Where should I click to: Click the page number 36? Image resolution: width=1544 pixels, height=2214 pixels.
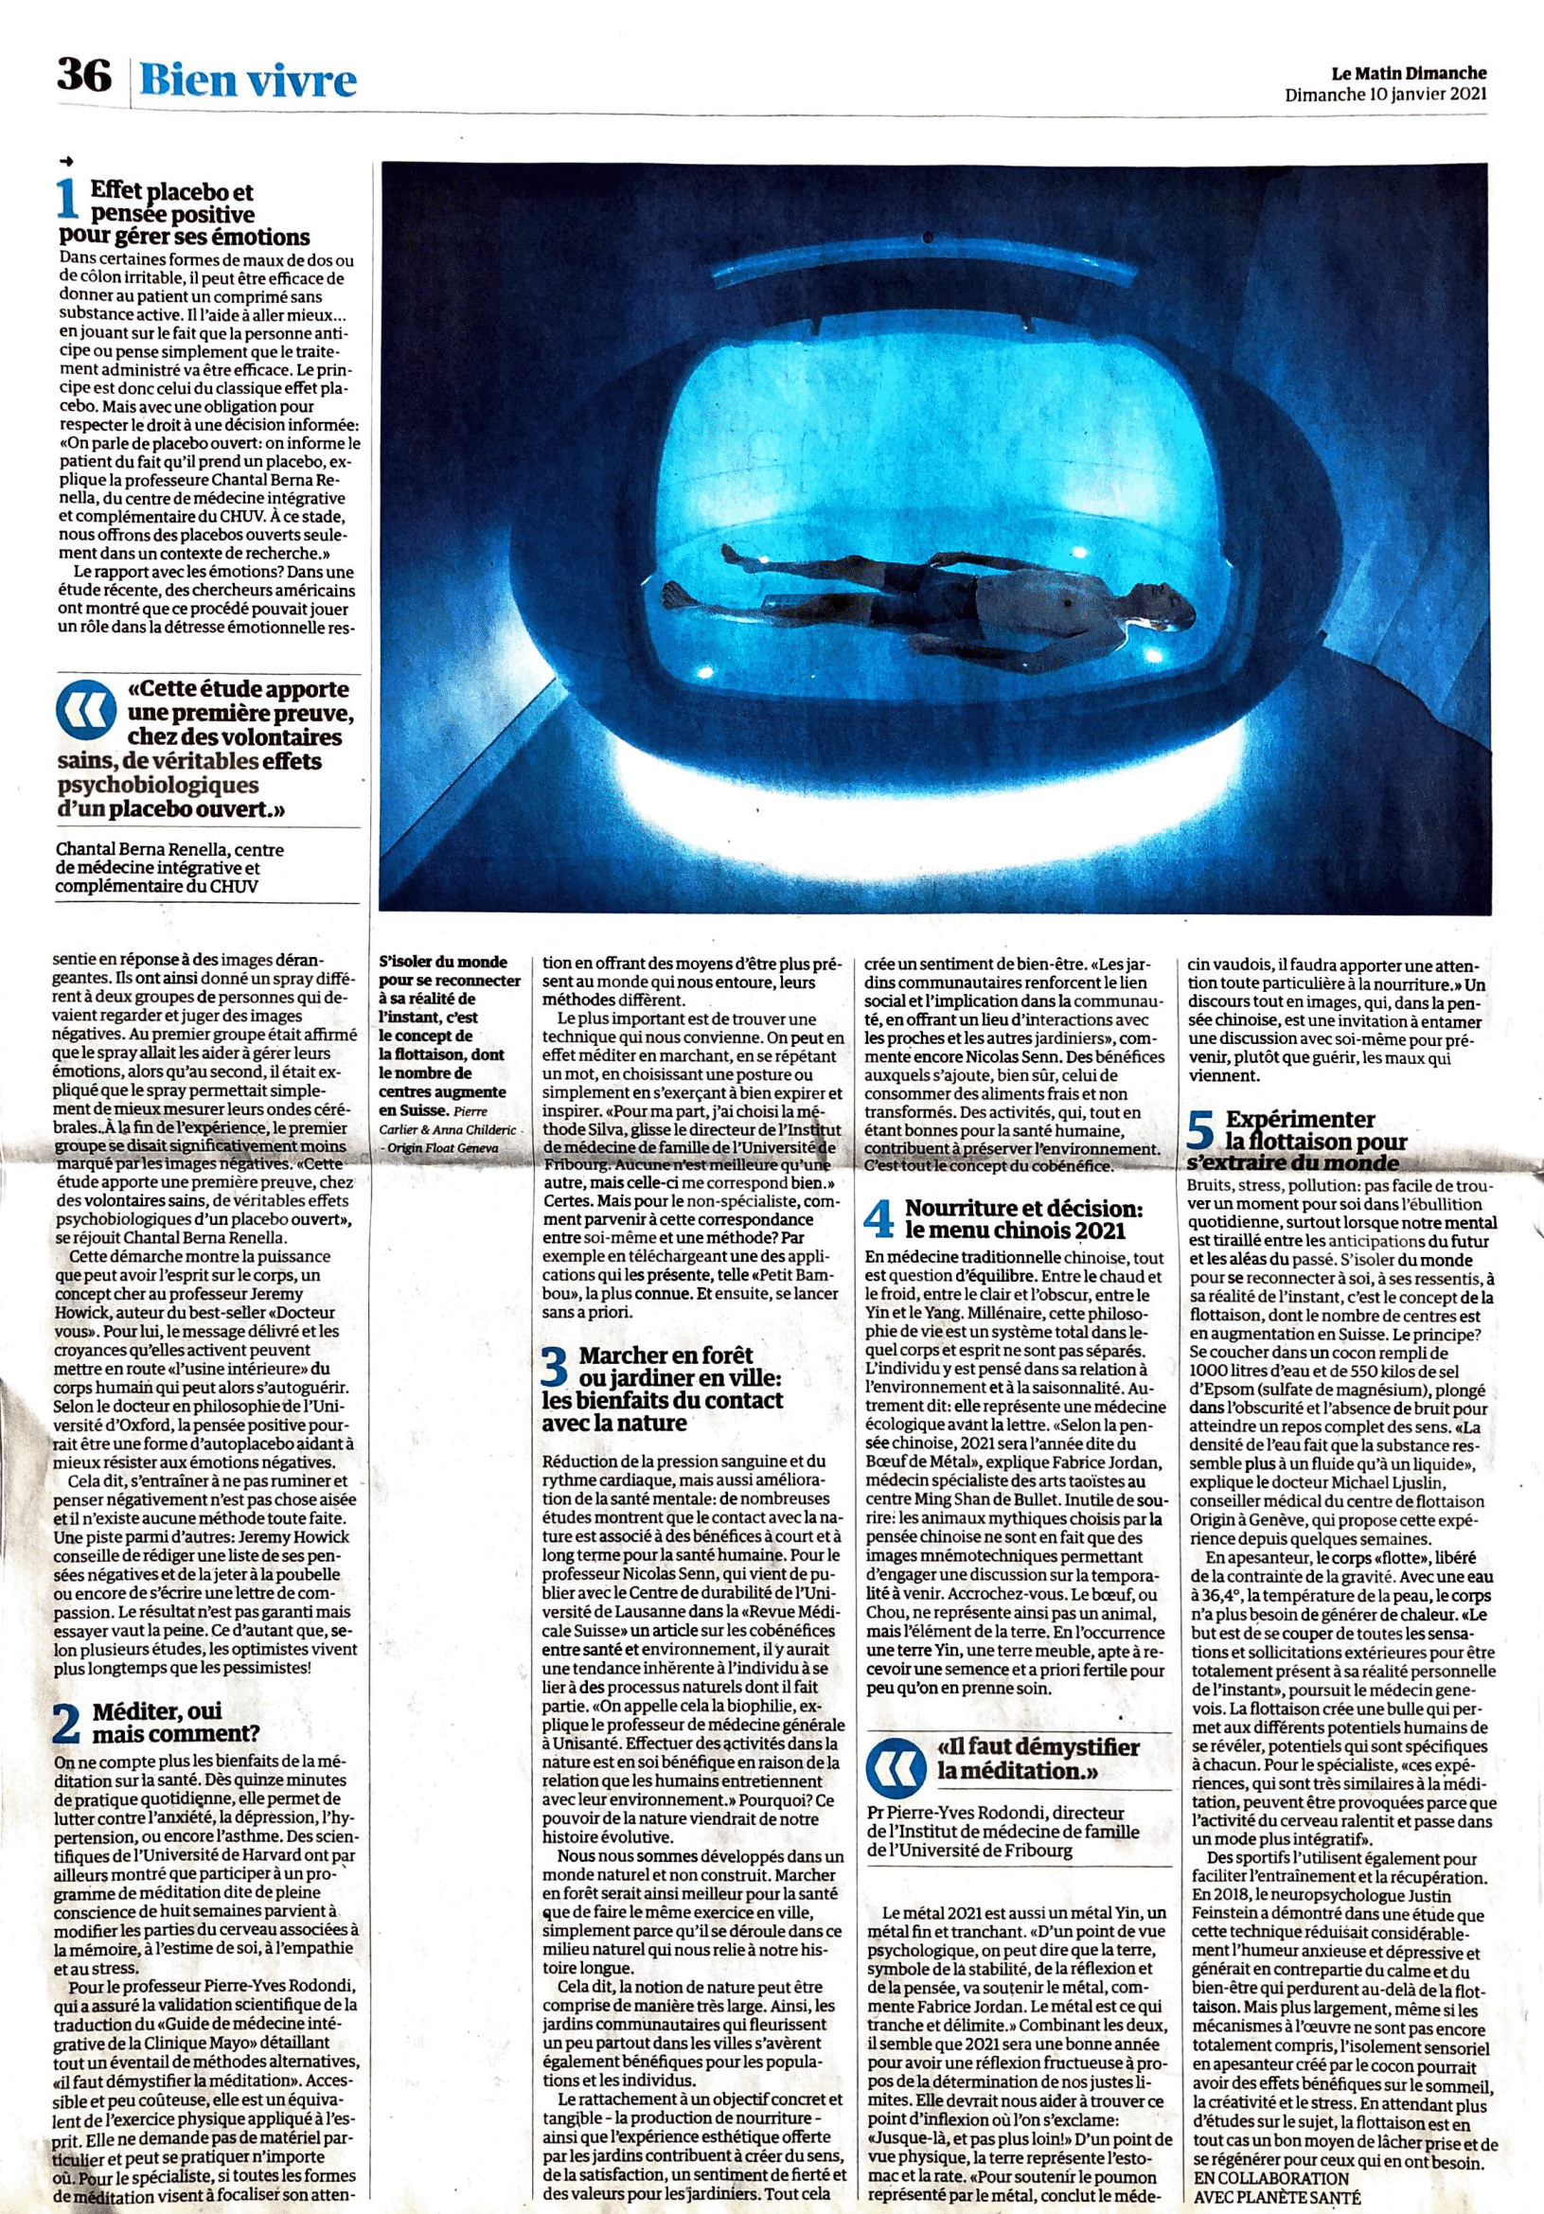[x=84, y=76]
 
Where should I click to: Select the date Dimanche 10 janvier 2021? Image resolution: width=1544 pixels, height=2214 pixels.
[x=1385, y=95]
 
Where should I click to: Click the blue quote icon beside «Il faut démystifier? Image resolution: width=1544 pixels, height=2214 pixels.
[x=896, y=1760]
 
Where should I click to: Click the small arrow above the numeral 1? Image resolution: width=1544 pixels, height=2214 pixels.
[x=65, y=161]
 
